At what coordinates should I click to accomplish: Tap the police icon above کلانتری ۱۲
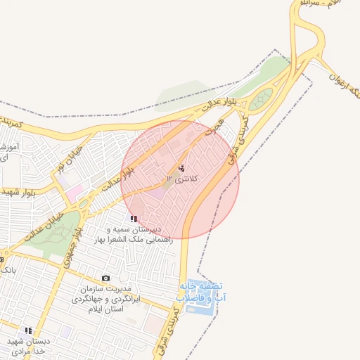pyautogui.click(x=183, y=168)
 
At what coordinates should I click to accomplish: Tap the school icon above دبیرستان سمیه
pyautogui.click(x=134, y=219)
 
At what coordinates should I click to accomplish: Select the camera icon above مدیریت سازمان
pyautogui.click(x=106, y=279)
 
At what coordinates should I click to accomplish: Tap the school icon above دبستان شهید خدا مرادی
pyautogui.click(x=28, y=330)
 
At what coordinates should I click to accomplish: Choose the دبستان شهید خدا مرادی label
pyautogui.click(x=26, y=345)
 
